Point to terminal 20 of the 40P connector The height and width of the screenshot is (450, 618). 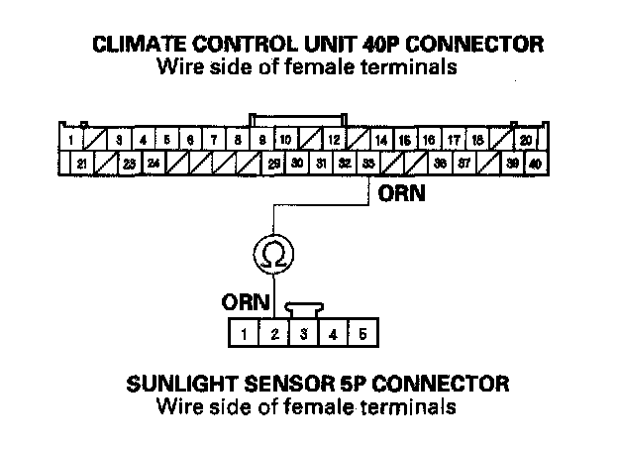(x=526, y=141)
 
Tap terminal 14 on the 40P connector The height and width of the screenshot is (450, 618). (x=381, y=141)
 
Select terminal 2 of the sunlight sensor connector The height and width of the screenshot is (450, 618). (x=273, y=334)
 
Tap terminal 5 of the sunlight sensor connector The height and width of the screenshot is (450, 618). (x=363, y=334)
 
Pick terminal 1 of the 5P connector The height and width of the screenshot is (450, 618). (x=244, y=334)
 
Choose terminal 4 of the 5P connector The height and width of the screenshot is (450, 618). (x=334, y=334)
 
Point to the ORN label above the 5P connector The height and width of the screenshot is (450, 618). (x=243, y=300)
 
